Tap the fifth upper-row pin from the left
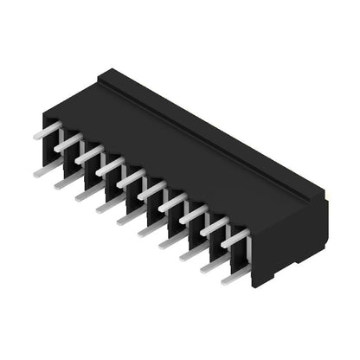pos(132,179)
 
